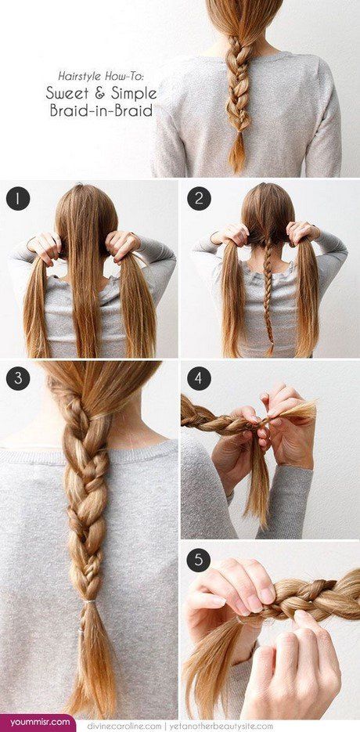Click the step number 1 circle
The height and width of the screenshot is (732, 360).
click(18, 198)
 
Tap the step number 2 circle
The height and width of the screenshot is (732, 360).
click(199, 198)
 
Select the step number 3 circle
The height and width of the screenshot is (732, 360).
click(18, 378)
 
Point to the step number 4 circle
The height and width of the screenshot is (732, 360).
click(199, 378)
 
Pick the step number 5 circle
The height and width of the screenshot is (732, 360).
click(199, 560)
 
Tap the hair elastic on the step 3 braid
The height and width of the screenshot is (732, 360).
click(88, 602)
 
